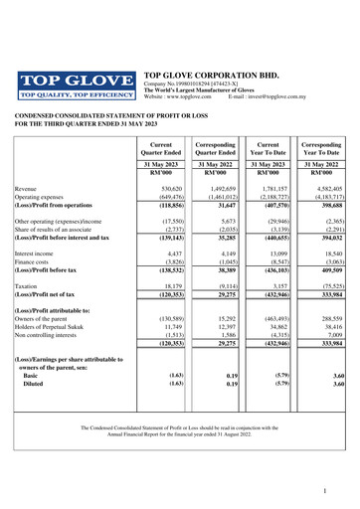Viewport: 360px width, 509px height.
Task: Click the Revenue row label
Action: [30, 188]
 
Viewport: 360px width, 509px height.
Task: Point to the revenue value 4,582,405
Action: [326, 188]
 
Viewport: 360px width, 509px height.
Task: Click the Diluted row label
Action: [37, 384]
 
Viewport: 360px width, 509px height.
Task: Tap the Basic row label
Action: [33, 375]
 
